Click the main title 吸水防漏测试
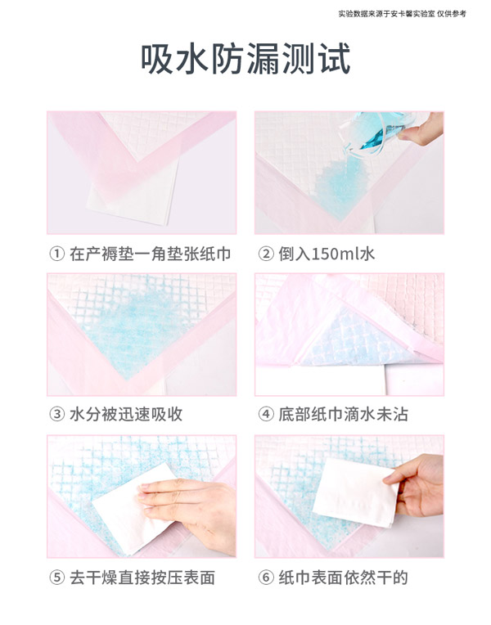245,60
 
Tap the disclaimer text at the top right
413,13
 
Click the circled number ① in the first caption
56,254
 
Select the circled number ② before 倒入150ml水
265,254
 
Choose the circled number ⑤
56,578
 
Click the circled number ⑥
265,578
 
